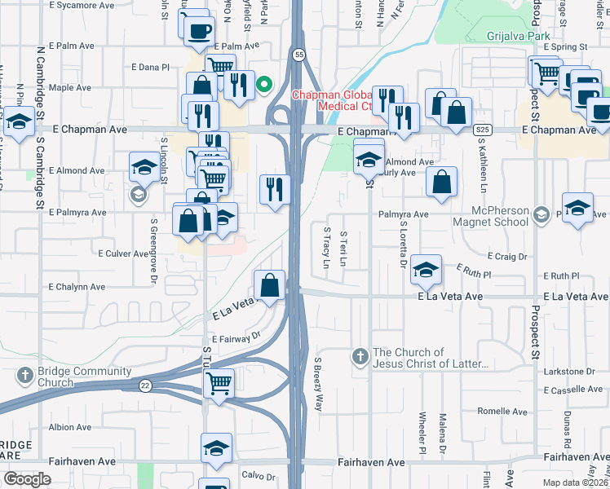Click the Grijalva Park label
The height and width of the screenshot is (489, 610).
[519, 35]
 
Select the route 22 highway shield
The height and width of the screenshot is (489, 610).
[145, 385]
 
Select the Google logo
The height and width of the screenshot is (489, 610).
[27, 478]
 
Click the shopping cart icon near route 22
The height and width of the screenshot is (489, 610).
[219, 382]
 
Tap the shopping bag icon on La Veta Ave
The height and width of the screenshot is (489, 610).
[269, 284]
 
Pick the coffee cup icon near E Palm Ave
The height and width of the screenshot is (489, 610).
[198, 32]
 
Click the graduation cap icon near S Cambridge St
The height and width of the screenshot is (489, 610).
[20, 121]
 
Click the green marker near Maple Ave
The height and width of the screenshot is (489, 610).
[264, 84]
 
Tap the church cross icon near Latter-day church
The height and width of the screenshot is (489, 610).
[360, 356]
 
